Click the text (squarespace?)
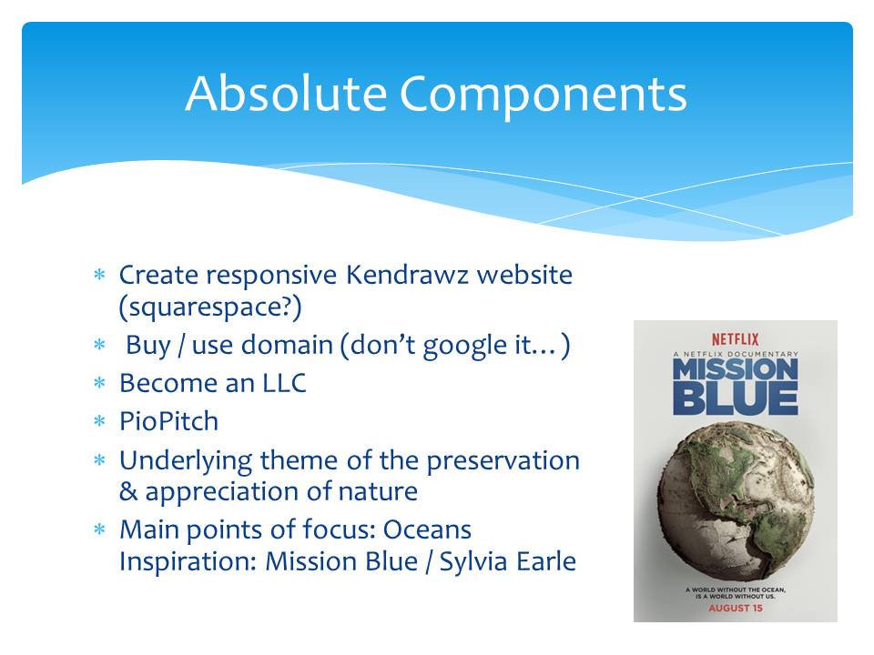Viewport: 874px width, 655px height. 210,307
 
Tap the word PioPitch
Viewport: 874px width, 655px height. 168,421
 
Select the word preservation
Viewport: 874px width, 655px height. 503,462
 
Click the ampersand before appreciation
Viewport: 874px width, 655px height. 128,492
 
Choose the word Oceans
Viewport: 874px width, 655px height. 427,529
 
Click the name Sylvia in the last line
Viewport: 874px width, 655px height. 473,562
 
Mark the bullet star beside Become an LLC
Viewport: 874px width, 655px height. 100,383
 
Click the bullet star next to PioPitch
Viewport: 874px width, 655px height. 100,421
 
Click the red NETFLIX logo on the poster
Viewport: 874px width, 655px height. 736,339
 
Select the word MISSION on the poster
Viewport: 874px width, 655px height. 736,370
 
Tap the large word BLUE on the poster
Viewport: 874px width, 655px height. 736,399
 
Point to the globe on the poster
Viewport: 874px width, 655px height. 737,500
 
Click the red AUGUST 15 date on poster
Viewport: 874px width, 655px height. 736,609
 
